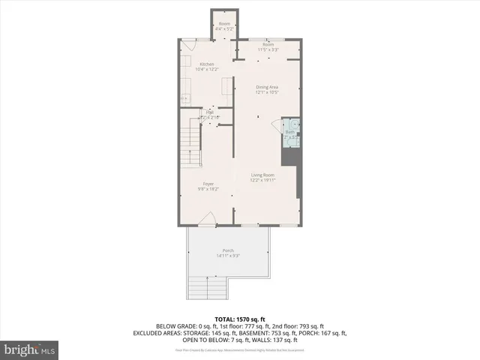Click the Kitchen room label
pos(207,64)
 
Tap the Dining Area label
pos(267,88)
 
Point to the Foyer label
pos(208,184)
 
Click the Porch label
pos(228,250)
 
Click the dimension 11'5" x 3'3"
pos(268,49)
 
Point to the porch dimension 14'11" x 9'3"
pos(228,256)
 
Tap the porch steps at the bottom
pos(207,286)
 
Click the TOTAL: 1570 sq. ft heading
pos(240,319)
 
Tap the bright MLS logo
pos(30,350)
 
